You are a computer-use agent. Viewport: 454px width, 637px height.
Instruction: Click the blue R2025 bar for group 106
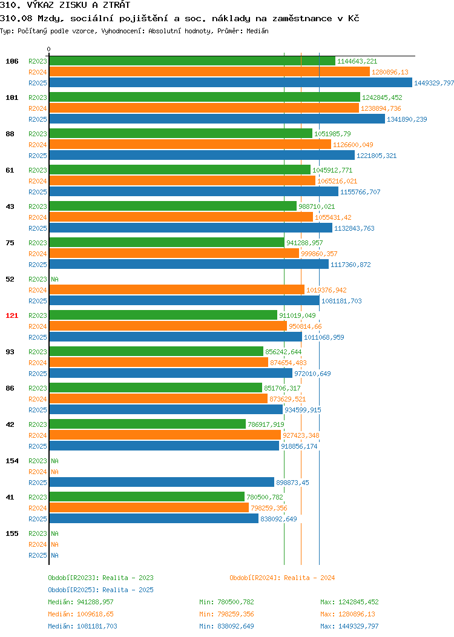tap(231, 83)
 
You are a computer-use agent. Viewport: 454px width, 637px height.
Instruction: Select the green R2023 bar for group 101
tap(205, 97)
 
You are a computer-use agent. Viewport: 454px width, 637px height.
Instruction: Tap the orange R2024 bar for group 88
tap(190, 145)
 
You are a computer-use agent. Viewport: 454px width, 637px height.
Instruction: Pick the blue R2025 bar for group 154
tap(162, 482)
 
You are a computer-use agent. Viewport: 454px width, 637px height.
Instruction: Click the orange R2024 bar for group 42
tap(165, 435)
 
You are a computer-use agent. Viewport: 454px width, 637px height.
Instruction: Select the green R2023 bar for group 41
tap(147, 497)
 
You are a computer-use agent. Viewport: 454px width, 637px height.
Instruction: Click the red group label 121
tap(12, 315)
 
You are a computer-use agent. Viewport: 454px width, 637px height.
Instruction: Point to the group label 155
tap(12, 533)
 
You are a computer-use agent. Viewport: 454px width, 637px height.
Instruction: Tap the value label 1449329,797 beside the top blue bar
tap(433, 83)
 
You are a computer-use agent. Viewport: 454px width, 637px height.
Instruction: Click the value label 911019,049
tap(297, 315)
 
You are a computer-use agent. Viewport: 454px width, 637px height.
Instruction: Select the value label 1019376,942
tap(326, 290)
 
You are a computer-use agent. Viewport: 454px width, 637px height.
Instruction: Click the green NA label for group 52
tap(55, 280)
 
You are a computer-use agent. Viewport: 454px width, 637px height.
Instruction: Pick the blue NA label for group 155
tap(55, 555)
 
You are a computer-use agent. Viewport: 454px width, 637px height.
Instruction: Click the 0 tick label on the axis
tap(49, 49)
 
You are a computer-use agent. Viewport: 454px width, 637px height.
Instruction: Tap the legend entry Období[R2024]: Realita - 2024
tap(282, 578)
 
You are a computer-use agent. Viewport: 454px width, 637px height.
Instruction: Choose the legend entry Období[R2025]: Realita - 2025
tap(100, 590)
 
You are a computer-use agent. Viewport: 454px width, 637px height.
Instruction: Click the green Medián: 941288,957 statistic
tap(81, 602)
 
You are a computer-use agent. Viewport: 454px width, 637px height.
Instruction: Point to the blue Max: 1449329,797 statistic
tap(350, 626)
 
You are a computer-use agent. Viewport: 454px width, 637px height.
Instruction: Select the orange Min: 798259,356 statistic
tap(226, 614)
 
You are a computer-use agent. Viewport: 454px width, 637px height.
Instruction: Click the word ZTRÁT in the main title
tap(117, 5)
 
